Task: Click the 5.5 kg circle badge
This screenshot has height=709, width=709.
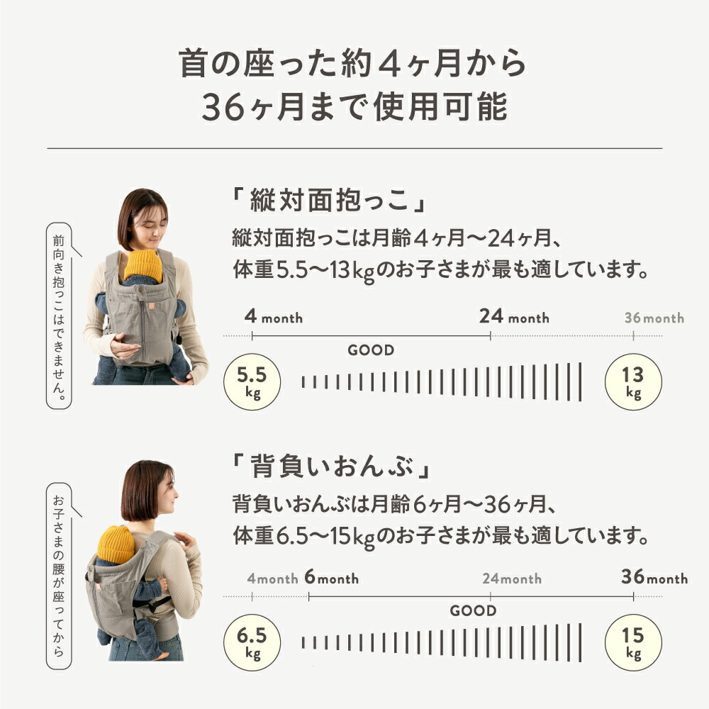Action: tap(252, 381)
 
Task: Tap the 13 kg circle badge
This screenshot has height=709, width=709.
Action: tap(633, 381)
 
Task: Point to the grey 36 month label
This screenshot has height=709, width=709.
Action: tap(654, 318)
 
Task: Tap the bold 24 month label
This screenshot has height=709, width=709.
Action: tap(513, 317)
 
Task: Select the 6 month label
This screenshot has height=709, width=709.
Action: tap(331, 579)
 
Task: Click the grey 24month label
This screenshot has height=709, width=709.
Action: tap(512, 579)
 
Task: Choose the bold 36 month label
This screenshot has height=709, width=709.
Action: tap(654, 578)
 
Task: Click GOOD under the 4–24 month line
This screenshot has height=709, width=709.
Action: tap(371, 350)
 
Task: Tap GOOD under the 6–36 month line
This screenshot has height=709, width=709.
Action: tap(473, 610)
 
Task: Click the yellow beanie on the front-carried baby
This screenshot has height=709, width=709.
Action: tap(143, 266)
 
